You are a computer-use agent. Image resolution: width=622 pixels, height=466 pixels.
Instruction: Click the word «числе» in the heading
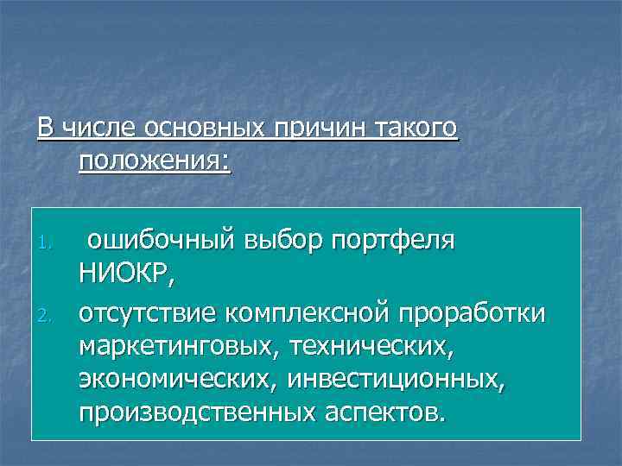[x=98, y=129]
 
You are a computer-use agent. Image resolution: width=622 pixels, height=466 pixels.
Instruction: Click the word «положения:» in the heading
[x=155, y=161]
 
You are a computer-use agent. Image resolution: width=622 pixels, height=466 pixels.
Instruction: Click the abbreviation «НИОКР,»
[x=126, y=276]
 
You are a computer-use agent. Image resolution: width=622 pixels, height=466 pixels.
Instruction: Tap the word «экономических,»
[x=179, y=379]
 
